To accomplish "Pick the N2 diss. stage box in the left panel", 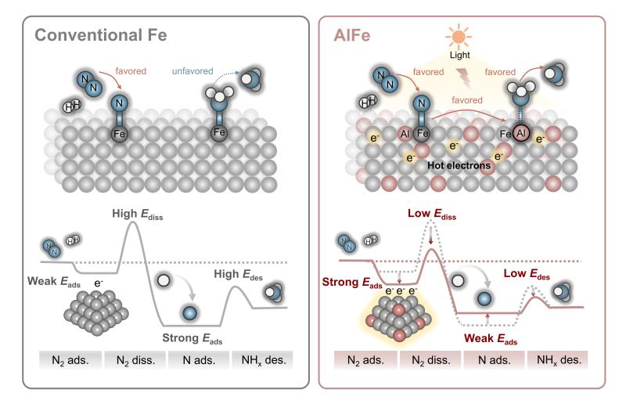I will [x=135, y=362].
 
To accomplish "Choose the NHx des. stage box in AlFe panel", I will [x=556, y=362].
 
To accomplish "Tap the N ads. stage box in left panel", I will [x=199, y=362].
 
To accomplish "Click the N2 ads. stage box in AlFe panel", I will [x=365, y=362].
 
